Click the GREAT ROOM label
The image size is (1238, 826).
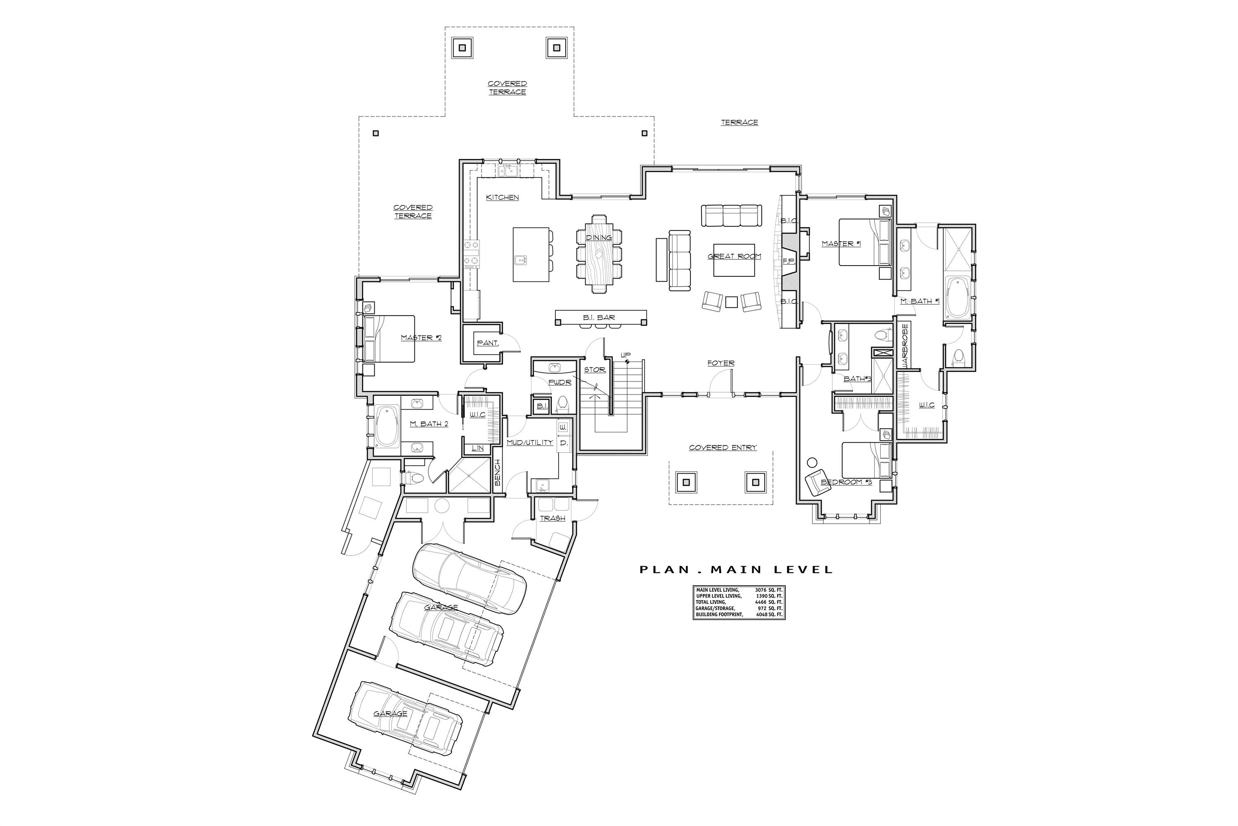pos(734,256)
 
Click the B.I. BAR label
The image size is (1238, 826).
pos(599,318)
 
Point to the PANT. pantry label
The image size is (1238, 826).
pos(488,343)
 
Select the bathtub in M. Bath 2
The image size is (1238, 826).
pos(387,427)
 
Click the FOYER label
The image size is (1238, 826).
pos(721,363)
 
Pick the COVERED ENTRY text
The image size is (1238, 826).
pos(723,447)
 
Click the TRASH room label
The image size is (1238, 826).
pos(552,518)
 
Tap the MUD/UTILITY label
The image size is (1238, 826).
pos(529,442)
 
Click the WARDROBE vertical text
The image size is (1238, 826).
pos(905,346)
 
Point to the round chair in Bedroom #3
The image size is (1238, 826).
pos(811,463)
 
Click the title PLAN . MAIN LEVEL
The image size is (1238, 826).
pos(736,570)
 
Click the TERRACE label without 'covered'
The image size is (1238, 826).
pos(739,122)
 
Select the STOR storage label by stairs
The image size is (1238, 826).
pos(594,370)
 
